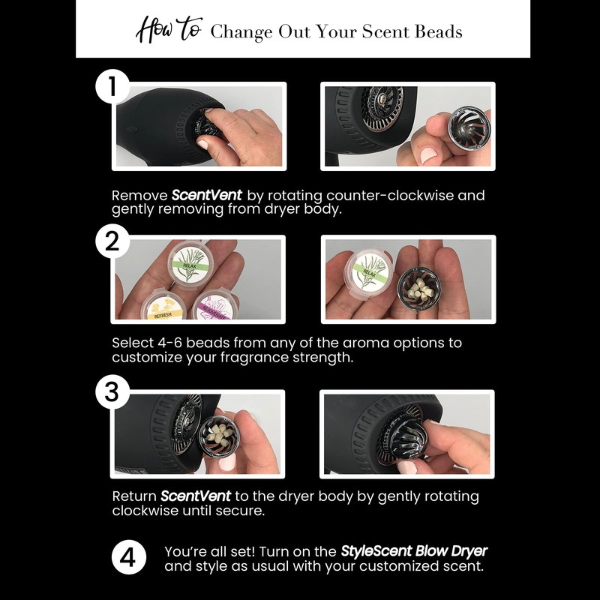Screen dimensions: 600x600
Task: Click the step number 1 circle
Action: tap(112, 88)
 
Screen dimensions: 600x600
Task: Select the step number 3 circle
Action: tap(112, 393)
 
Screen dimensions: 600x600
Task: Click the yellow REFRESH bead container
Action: tap(166, 307)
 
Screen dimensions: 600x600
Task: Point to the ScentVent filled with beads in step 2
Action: tap(412, 286)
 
